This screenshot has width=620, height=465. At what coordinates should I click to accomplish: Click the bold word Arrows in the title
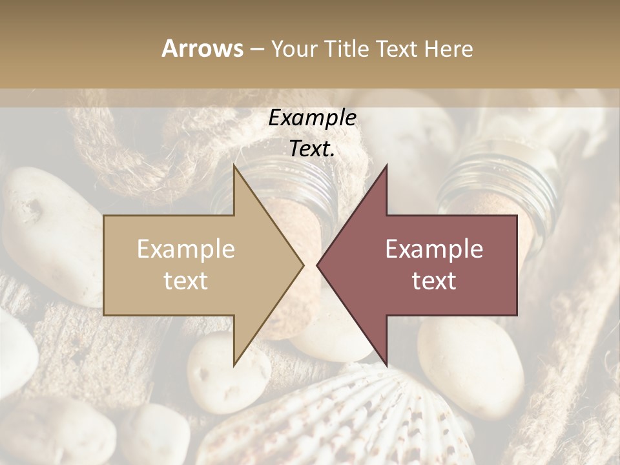(x=202, y=48)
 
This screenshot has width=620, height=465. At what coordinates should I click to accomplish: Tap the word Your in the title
(x=294, y=48)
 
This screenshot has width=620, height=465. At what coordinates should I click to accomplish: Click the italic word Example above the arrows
(x=312, y=118)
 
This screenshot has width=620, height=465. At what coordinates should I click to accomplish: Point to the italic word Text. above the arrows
(x=312, y=149)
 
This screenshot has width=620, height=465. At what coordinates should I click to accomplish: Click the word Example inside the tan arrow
(x=186, y=249)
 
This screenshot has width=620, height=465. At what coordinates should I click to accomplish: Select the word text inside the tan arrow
(x=186, y=281)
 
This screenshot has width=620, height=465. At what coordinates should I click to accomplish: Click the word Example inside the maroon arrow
(x=434, y=249)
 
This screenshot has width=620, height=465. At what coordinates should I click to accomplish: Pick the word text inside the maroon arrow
(x=434, y=281)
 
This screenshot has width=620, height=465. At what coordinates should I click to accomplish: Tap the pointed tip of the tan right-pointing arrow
(x=303, y=265)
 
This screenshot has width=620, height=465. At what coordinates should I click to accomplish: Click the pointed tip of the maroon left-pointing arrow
(x=318, y=265)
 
